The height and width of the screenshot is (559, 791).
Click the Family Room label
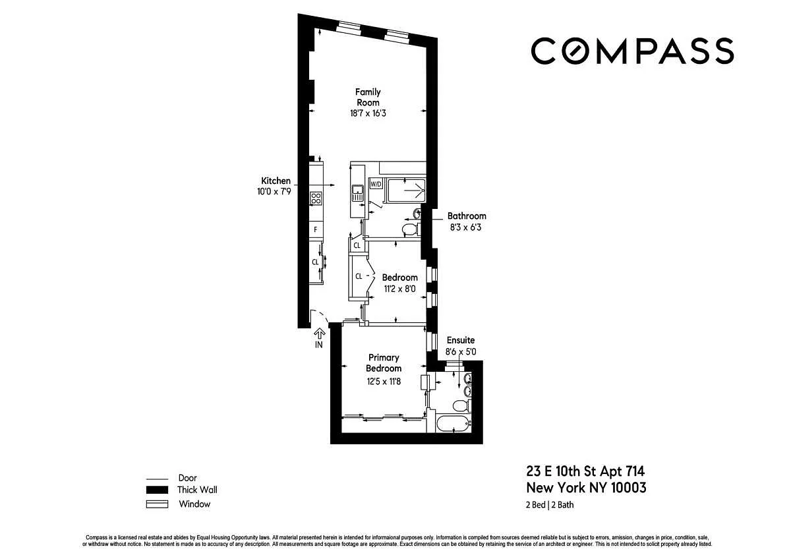[368, 97]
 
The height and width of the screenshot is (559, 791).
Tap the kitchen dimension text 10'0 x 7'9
[274, 192]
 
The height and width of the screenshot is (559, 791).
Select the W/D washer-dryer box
[376, 184]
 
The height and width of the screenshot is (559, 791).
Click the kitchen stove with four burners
[316, 198]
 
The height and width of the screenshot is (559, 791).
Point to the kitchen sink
[358, 193]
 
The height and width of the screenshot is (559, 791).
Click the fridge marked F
[316, 230]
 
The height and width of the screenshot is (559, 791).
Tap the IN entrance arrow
[319, 334]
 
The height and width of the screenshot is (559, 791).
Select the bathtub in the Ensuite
[454, 423]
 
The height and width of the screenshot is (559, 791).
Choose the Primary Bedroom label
[384, 363]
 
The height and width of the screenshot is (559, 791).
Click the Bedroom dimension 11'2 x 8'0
[399, 289]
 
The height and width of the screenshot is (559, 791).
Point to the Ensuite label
[461, 340]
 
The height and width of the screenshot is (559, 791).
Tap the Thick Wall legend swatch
[157, 490]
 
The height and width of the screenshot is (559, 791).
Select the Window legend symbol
[157, 504]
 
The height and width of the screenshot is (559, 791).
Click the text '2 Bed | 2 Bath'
[550, 505]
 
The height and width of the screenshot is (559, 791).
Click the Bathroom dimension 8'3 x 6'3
[465, 227]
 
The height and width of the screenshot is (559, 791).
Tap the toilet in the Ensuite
[461, 405]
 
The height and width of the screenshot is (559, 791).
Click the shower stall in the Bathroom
[406, 191]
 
